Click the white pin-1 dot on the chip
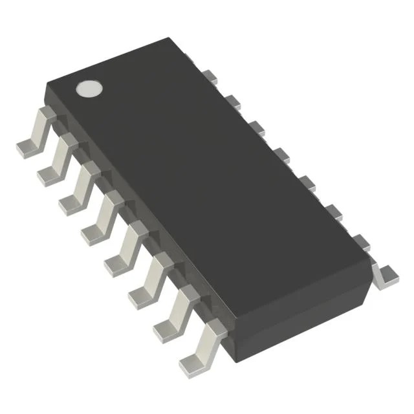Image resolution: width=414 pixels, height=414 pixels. coord(90,89)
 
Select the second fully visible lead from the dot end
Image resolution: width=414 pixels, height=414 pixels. coord(55,162)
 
